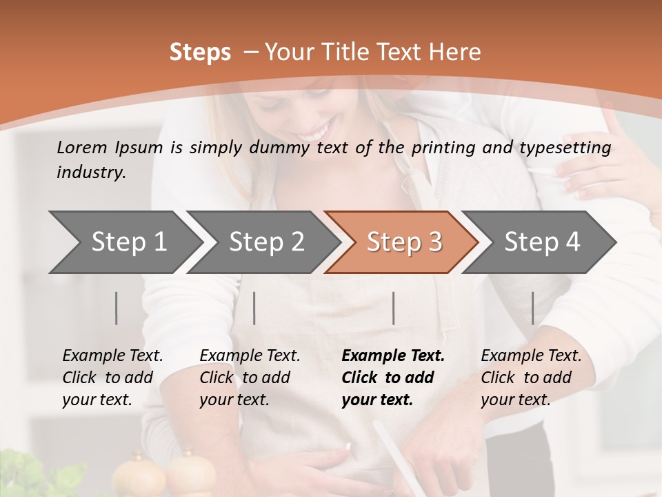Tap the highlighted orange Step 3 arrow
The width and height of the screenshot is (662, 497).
coord(403,242)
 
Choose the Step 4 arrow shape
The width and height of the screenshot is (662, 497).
coord(541,242)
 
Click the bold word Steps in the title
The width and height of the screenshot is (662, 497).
coord(200,52)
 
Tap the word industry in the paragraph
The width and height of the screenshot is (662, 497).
coord(90,172)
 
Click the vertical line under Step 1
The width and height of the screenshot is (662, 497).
coord(117,308)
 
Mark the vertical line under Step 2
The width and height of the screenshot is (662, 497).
coord(254,308)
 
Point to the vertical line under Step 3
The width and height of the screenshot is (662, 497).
coord(394,308)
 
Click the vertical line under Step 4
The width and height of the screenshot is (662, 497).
coord(532,308)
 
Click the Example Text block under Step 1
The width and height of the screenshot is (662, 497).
coord(112,378)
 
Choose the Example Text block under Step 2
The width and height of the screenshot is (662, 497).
coord(250,378)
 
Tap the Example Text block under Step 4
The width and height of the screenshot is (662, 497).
coord(530,378)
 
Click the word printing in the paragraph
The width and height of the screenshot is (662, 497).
coord(445,147)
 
